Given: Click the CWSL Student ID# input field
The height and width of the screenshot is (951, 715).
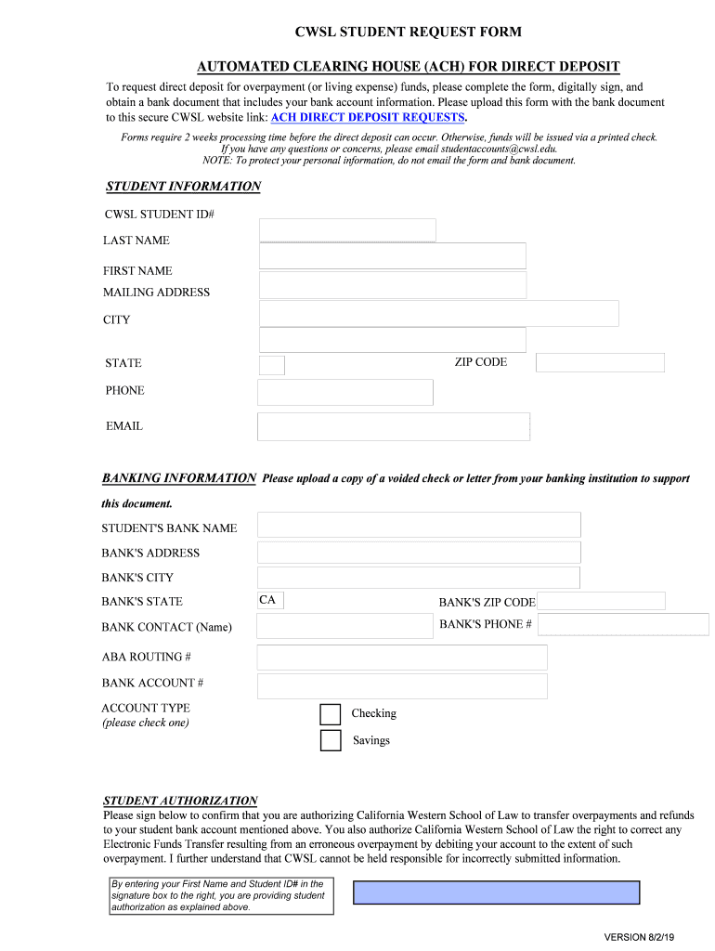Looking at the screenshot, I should (x=347, y=230).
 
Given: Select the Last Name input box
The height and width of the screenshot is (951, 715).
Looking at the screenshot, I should (x=392, y=256).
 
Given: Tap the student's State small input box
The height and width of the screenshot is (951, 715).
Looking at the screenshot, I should (x=271, y=365).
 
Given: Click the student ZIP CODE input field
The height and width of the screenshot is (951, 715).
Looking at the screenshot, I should (x=600, y=363).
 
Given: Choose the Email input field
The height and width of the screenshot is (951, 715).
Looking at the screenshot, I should (x=393, y=427).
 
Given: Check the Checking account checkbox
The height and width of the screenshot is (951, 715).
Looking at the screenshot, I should (x=331, y=714).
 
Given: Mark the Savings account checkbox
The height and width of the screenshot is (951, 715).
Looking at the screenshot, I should (x=331, y=741).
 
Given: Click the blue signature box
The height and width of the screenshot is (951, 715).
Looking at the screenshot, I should (x=496, y=892).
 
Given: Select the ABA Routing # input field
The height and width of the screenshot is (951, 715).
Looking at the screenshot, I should (x=402, y=658).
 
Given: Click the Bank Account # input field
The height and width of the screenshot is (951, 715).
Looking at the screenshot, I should (x=402, y=687).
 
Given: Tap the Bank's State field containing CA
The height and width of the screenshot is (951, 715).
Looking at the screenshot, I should (x=270, y=601).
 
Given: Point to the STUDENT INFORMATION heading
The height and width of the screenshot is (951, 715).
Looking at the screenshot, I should (x=183, y=187).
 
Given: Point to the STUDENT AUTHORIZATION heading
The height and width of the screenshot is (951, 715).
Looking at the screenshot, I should (x=180, y=801).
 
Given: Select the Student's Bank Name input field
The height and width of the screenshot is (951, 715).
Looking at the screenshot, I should (x=419, y=525).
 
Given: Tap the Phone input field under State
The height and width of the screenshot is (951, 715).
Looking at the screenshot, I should (x=345, y=393).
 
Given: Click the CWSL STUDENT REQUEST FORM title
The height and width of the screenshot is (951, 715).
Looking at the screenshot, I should (x=408, y=33).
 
